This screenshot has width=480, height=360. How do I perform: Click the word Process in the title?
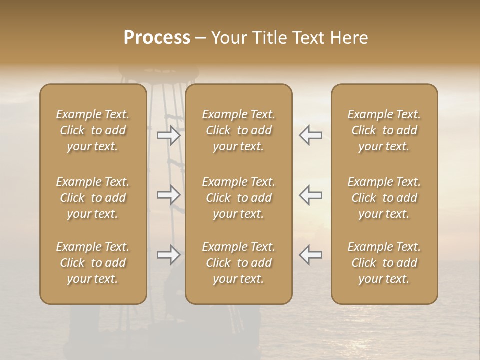click(157, 38)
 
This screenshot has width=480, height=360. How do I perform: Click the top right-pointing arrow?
click(168, 135)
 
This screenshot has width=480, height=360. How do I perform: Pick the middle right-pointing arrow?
click(168, 195)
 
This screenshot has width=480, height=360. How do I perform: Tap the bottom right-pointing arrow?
click(168, 255)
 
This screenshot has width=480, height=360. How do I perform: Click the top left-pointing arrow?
click(310, 135)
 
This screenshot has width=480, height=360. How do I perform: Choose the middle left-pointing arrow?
click(310, 195)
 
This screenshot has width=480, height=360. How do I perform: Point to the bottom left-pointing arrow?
click(310, 255)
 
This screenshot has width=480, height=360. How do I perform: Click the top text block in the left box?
click(93, 130)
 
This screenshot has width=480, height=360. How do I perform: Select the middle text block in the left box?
click(93, 198)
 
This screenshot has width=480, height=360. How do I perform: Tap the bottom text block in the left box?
click(93, 263)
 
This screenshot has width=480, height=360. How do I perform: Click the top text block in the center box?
click(239, 130)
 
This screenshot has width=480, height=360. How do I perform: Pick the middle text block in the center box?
click(239, 198)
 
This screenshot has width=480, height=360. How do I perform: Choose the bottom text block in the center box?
click(239, 263)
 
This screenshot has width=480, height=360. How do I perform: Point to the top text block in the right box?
click(384, 130)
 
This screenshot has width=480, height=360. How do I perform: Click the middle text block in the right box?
click(384, 198)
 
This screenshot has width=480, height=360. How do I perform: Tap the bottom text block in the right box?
click(384, 263)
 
